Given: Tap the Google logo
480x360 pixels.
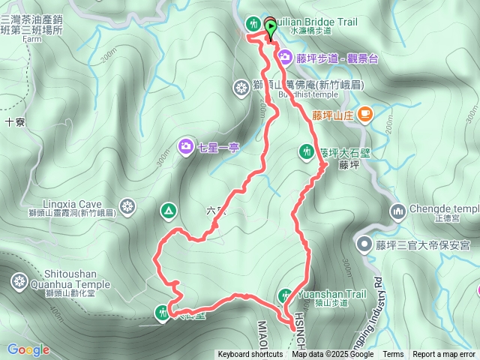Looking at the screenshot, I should click(28, 349).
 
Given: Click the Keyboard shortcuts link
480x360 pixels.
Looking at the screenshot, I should click(250, 355).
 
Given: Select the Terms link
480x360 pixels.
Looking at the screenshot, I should click(393, 355).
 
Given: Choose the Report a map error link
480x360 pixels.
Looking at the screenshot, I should click(445, 355).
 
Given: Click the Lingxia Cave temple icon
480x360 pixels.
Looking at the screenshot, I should click(128, 205).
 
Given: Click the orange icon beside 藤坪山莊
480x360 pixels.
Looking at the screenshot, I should click(365, 115).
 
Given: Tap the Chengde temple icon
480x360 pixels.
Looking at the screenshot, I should click(397, 210).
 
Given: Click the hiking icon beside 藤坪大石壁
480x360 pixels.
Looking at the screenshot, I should click(306, 151).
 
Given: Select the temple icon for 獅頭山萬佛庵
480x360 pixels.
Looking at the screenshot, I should click(241, 88).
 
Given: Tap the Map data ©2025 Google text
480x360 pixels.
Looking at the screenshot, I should click(332, 355).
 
